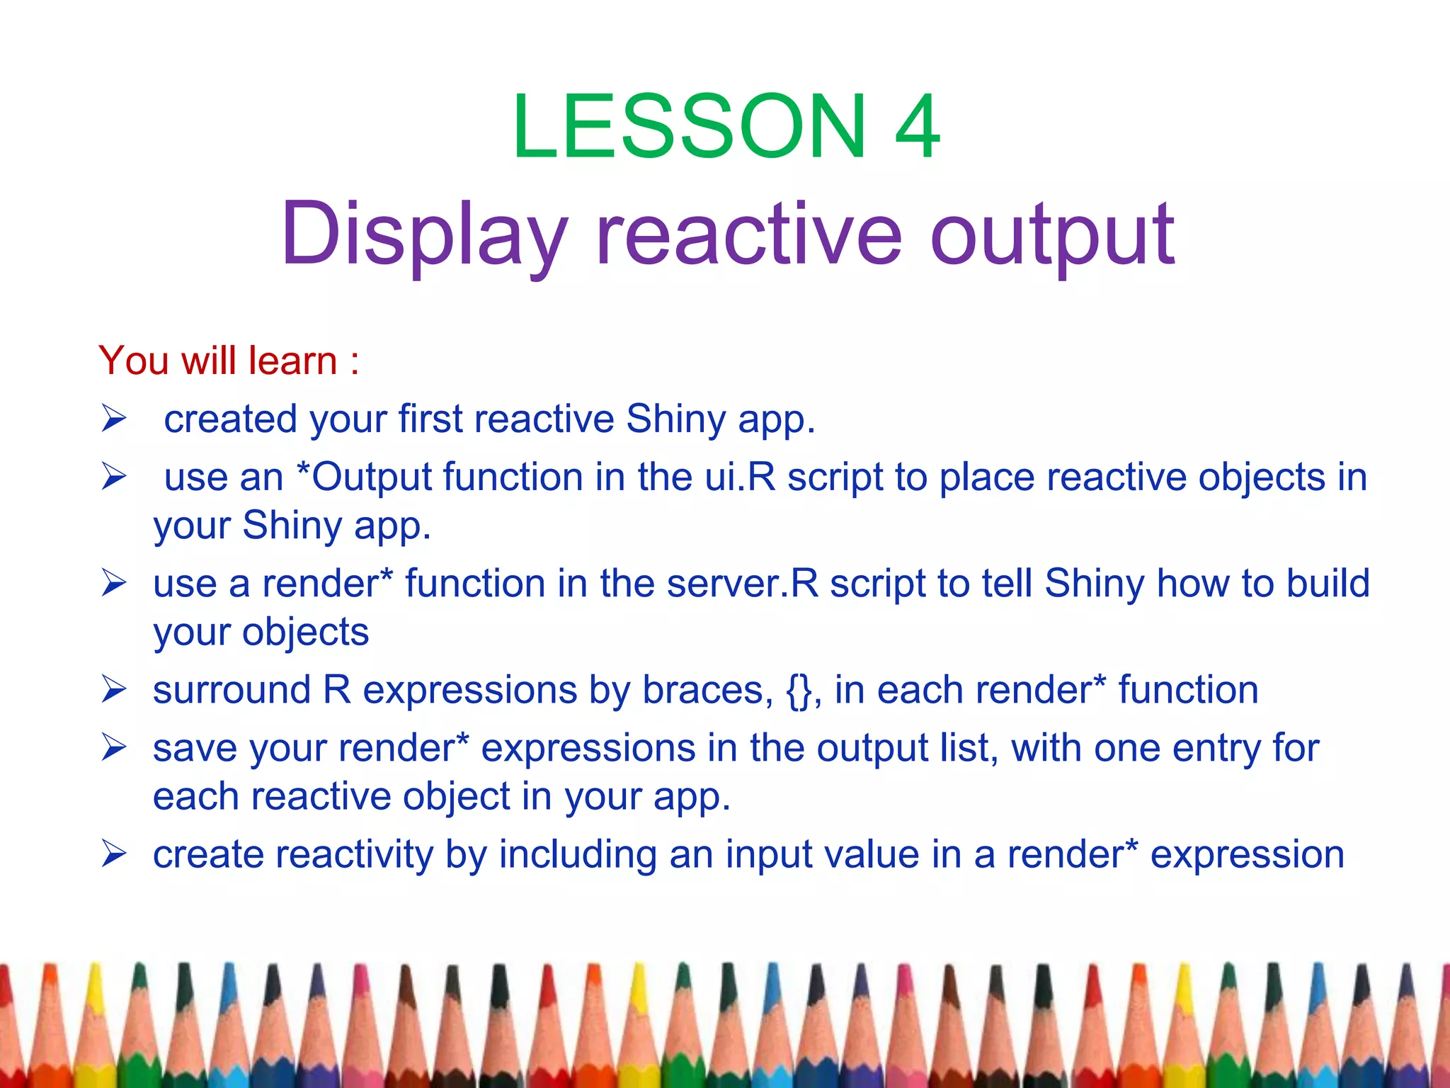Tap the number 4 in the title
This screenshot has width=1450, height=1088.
click(918, 127)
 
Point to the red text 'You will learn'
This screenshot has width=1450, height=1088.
click(218, 361)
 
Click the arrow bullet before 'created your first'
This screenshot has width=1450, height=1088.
click(113, 418)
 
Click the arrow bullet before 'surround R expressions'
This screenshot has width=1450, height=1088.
click(113, 689)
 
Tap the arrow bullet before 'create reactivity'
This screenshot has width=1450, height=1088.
click(113, 854)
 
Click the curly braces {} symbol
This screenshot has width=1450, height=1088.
click(800, 691)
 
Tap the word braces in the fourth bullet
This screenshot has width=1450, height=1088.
click(707, 691)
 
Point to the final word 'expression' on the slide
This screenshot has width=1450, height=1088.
click(1247, 854)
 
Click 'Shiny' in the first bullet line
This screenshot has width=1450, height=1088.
click(675, 419)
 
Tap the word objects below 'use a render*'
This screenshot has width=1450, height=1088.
click(305, 632)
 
